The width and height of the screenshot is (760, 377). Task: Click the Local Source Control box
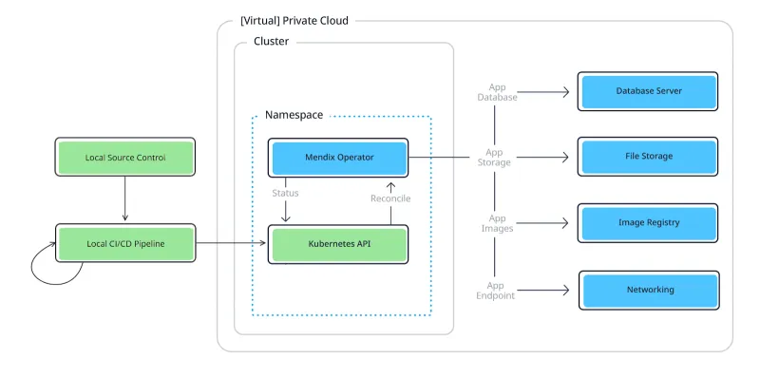coord(125,158)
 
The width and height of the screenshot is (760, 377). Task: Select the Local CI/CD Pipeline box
coord(125,244)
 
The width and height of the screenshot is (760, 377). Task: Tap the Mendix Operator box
coord(339,157)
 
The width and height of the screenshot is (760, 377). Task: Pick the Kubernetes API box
coord(339,244)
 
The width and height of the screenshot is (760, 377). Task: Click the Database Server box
coord(649,91)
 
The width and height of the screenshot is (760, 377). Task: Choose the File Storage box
coord(649,157)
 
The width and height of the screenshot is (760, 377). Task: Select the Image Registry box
coord(649,223)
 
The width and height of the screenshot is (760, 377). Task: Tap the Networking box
coord(649,290)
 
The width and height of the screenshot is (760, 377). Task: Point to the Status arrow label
coord(285,193)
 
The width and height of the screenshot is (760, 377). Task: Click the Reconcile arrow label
coord(390,198)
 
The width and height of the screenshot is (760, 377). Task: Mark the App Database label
coord(497,92)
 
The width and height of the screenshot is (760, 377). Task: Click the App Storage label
coord(495,157)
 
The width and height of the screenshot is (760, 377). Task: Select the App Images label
coord(496,223)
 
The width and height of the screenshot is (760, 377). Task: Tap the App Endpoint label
coord(496,290)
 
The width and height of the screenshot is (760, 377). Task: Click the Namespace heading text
coord(294,115)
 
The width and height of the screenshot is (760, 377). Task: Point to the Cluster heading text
coord(271,42)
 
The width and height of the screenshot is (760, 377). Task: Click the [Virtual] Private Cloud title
coord(294,20)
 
